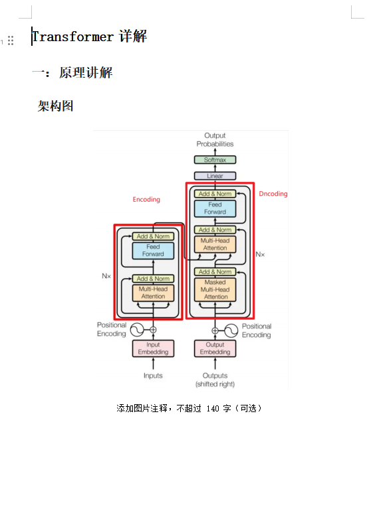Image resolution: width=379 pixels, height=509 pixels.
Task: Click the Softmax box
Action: click(215, 160)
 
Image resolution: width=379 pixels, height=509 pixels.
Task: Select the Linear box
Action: click(215, 176)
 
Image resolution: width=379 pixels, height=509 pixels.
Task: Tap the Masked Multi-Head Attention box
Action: click(215, 289)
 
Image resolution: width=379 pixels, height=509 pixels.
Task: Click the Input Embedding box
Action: click(153, 348)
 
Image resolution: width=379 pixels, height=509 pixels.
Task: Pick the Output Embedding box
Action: click(215, 348)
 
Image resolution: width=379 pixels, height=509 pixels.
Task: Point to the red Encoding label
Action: click(146, 199)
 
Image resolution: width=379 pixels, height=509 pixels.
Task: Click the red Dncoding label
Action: click(273, 194)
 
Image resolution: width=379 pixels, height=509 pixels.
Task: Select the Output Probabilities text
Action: click(215, 140)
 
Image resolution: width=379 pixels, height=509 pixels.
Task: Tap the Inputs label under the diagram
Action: click(153, 376)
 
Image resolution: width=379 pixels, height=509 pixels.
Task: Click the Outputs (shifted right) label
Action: click(215, 380)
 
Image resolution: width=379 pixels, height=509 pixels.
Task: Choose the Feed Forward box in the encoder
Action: click(153, 250)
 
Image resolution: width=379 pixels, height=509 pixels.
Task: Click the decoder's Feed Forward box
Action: click(215, 208)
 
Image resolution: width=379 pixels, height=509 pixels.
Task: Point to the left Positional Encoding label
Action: click(111, 329)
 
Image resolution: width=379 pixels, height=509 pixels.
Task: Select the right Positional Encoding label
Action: click(256, 330)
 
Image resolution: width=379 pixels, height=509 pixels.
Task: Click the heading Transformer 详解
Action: click(89, 36)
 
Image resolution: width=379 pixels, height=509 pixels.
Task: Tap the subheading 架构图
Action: click(56, 106)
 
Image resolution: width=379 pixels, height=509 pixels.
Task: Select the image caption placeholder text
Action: click(189, 408)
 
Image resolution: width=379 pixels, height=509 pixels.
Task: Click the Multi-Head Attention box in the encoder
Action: click(153, 293)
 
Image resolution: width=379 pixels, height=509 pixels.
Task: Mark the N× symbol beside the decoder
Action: click(260, 254)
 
